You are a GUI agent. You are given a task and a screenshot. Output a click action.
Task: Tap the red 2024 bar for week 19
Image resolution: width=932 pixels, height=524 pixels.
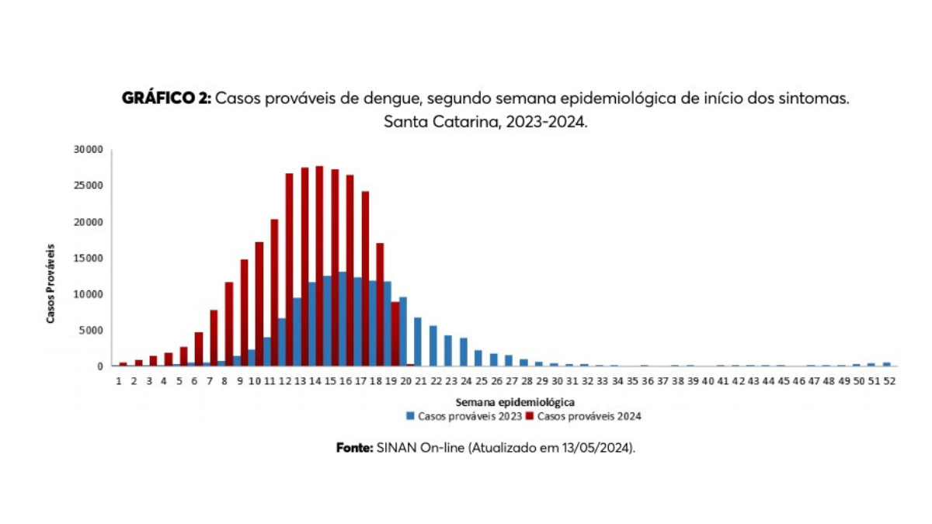(395, 334)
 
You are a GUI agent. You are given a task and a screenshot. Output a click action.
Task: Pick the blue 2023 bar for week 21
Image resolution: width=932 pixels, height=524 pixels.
(418, 342)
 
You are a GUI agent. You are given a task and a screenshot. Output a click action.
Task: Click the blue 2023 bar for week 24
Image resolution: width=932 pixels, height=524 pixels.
(463, 352)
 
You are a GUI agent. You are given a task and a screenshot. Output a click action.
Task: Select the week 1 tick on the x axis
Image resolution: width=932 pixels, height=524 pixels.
(119, 382)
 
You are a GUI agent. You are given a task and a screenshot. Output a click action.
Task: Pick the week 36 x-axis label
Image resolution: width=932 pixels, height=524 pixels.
(646, 382)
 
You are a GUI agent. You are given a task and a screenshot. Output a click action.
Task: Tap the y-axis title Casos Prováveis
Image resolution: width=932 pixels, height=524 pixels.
(50, 283)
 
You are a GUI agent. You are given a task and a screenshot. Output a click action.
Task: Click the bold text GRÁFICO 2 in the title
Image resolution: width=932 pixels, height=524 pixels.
(166, 99)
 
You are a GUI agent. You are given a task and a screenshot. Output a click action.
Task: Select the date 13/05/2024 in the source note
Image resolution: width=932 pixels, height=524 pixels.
(599, 449)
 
